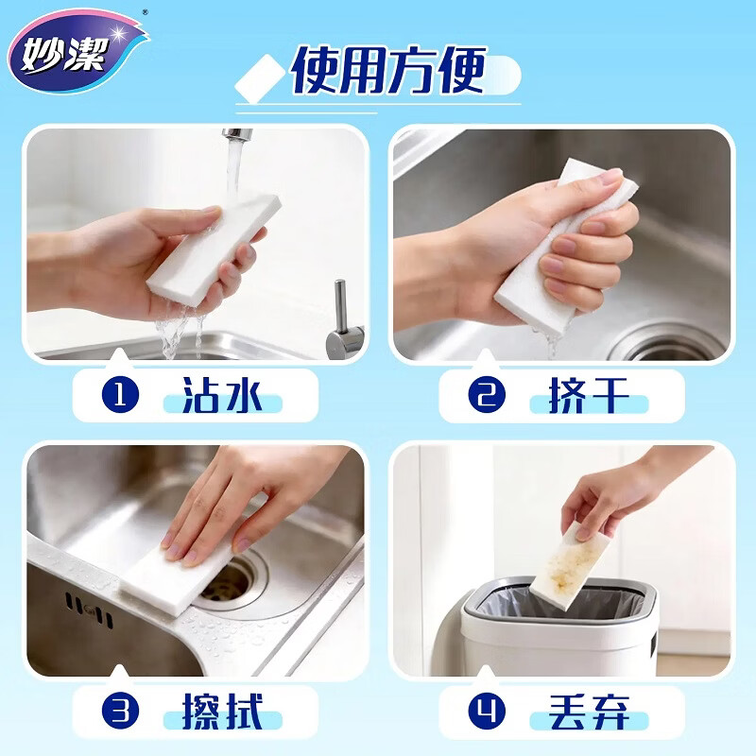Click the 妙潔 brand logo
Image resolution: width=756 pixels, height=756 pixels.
pyautogui.click(x=78, y=51)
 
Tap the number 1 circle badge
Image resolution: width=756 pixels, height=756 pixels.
pyautogui.click(x=121, y=395)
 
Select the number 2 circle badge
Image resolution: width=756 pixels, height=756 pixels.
pyautogui.click(x=487, y=395)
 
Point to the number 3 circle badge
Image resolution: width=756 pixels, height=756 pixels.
pyautogui.click(x=121, y=712)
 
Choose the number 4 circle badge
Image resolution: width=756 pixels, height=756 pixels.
pyautogui.click(x=487, y=712)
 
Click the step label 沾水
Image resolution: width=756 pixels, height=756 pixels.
pyautogui.click(x=222, y=395)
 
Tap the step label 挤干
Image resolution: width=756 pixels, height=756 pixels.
pyautogui.click(x=589, y=395)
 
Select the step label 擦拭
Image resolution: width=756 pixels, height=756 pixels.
pyautogui.click(x=222, y=712)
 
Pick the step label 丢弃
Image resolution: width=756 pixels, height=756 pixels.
pyautogui.click(x=589, y=712)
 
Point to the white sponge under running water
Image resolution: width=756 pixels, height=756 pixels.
pyautogui.click(x=215, y=249)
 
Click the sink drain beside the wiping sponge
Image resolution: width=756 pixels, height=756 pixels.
pyautogui.click(x=232, y=584)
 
